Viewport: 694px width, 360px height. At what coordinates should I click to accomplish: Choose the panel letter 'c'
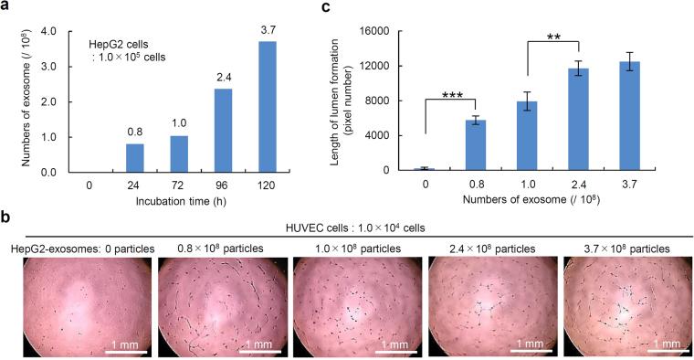pyautogui.click(x=351, y=8)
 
